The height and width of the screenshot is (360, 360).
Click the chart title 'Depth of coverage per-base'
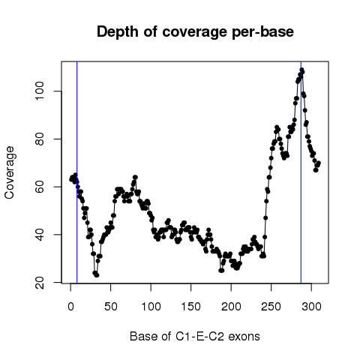pyautogui.click(x=195, y=31)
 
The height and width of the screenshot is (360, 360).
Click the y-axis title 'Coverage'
pyautogui.click(x=10, y=172)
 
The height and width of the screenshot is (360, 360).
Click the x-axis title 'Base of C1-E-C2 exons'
pyautogui.click(x=195, y=336)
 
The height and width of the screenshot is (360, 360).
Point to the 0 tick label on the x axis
pyautogui.click(x=70, y=306)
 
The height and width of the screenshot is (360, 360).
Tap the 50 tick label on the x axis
pyautogui.click(x=111, y=306)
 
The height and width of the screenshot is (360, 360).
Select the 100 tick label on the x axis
pyautogui.click(x=151, y=306)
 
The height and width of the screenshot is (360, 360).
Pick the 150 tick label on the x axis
pyautogui.click(x=191, y=306)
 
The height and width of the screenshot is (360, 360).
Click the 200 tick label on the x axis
pyautogui.click(x=231, y=306)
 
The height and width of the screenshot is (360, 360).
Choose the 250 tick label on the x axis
pyautogui.click(x=271, y=306)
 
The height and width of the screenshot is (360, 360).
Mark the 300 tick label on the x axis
pyautogui.click(x=311, y=306)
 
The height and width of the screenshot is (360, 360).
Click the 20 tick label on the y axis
pyautogui.click(x=40, y=283)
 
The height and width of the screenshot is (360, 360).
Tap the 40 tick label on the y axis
pyautogui.click(x=40, y=235)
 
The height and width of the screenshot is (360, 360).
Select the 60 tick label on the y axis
pyautogui.click(x=40, y=187)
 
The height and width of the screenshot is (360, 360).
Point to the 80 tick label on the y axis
pyautogui.click(x=40, y=139)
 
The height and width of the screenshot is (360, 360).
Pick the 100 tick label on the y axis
pyautogui.click(x=40, y=91)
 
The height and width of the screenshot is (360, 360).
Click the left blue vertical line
pyautogui.click(x=77, y=172)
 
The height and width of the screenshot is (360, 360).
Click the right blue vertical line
pyautogui.click(x=301, y=172)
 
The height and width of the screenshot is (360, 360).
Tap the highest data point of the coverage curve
pyautogui.click(x=301, y=70)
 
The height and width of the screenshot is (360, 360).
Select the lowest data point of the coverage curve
pyautogui.click(x=97, y=275)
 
